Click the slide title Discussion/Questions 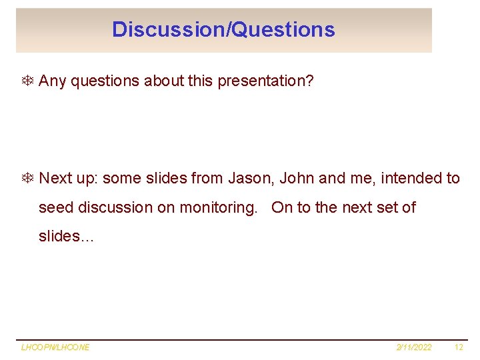pos(223,29)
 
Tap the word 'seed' pos(56,207)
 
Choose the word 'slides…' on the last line pos(67,237)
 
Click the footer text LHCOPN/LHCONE pos(55,347)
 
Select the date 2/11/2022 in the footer pos(414,347)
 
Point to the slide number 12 pos(458,347)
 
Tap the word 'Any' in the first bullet pos(52,81)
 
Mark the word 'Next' pos(55,178)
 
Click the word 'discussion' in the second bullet pos(115,207)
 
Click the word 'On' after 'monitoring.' pos(282,207)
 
